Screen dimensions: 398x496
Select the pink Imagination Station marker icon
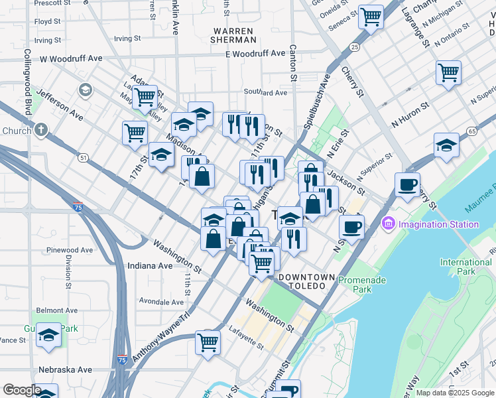pos(387,225)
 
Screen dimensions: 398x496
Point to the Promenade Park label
pos(362,285)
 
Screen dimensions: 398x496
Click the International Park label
pos(465,267)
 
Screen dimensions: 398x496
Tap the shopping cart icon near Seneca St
pos(371,16)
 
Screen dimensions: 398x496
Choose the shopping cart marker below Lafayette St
pos(208,343)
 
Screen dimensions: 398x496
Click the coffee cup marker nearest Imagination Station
pos(351,227)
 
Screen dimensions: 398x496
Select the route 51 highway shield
pos(83,158)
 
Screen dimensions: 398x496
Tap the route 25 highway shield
pos(355,47)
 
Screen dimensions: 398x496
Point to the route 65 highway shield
pos(471,131)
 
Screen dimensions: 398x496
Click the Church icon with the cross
pos(41,130)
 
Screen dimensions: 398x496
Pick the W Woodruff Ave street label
pos(71,58)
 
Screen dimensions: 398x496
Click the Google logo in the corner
pos(21,390)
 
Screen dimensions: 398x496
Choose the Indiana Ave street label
pos(150,265)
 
